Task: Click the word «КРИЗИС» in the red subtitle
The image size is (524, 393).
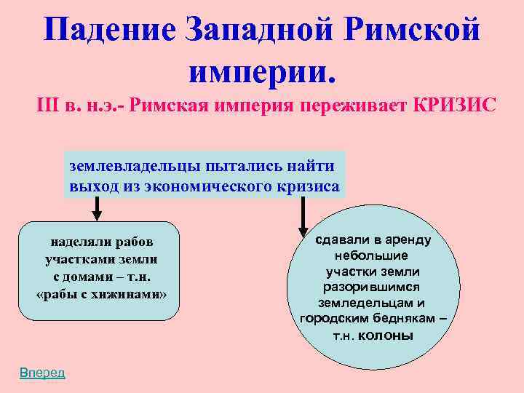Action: (x=454, y=106)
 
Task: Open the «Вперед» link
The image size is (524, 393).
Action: (x=42, y=373)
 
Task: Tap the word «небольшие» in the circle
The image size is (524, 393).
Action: (x=371, y=255)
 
